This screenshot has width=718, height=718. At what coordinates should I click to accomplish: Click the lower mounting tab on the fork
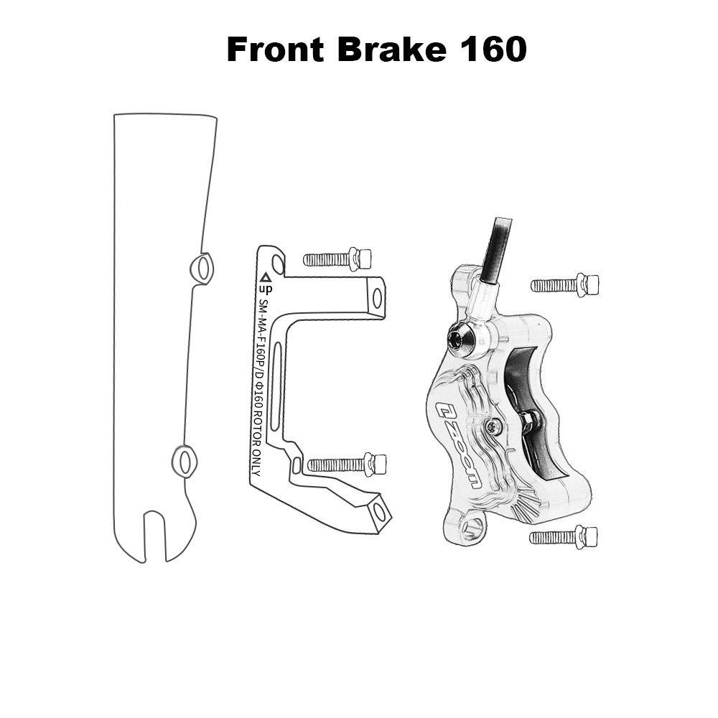point(184,462)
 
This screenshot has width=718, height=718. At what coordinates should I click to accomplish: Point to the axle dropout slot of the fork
point(154,536)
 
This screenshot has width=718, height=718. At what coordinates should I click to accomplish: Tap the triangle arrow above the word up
point(265,277)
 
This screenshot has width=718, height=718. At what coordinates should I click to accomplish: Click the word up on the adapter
point(266,289)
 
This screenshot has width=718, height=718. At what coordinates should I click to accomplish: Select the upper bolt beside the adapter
point(337,259)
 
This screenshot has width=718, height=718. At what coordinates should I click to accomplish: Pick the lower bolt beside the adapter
point(347,465)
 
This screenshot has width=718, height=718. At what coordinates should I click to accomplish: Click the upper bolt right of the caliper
point(564,285)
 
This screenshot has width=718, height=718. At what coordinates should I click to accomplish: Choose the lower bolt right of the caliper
point(563,536)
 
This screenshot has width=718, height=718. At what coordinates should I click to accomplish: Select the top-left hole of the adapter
point(277,264)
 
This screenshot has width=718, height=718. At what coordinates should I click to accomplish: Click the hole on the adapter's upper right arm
point(377,299)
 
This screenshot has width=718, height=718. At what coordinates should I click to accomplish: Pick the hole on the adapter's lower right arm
point(378,511)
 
